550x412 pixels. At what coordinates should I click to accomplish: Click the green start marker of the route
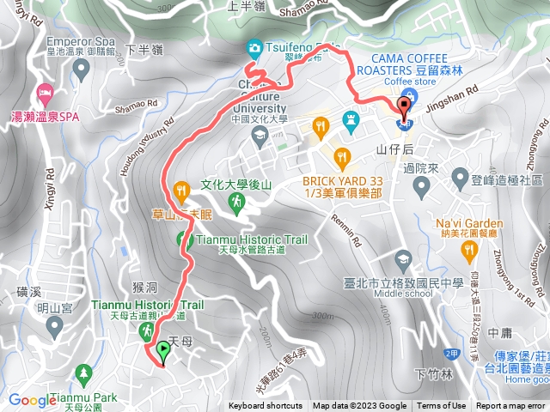tap(163, 350)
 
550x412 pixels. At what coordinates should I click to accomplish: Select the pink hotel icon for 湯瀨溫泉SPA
tap(41, 92)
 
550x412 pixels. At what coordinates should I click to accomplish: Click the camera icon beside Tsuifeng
tap(254, 47)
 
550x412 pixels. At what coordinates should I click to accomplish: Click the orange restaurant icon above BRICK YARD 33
tap(342, 157)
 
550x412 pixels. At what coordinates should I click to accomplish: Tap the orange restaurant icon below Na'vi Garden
tap(469, 251)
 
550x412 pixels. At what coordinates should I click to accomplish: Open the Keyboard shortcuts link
tap(266, 406)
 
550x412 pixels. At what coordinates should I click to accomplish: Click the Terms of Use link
tap(442, 406)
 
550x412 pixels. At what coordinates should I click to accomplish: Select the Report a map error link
tap(511, 406)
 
